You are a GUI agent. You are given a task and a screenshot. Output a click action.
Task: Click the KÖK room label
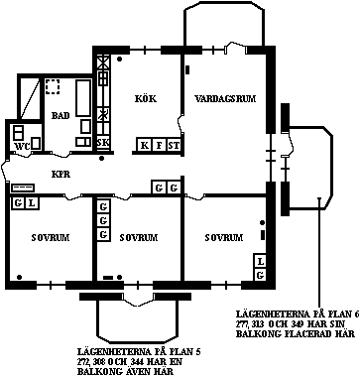(x=145, y=98)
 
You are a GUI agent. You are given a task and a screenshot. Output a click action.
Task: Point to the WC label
(x=21, y=146)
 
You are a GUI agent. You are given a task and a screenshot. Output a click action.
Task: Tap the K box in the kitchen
(x=144, y=146)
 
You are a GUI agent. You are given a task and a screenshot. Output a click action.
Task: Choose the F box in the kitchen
(x=159, y=146)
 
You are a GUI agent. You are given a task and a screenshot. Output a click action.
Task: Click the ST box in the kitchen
(x=174, y=146)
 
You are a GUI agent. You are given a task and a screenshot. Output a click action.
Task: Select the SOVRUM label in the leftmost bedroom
(x=49, y=238)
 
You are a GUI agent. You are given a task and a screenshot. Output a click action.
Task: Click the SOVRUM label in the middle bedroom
(x=138, y=238)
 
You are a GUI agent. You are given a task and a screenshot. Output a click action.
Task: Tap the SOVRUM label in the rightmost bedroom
(x=223, y=238)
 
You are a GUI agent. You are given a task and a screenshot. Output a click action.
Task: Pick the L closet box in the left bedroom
(x=32, y=203)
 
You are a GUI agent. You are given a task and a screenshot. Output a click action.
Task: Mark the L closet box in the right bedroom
(x=260, y=261)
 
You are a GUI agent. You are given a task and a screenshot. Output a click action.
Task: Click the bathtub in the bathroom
(x=83, y=111)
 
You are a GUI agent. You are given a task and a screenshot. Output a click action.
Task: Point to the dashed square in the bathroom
(x=53, y=87)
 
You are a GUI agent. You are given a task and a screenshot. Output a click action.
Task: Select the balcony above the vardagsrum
(x=224, y=25)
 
